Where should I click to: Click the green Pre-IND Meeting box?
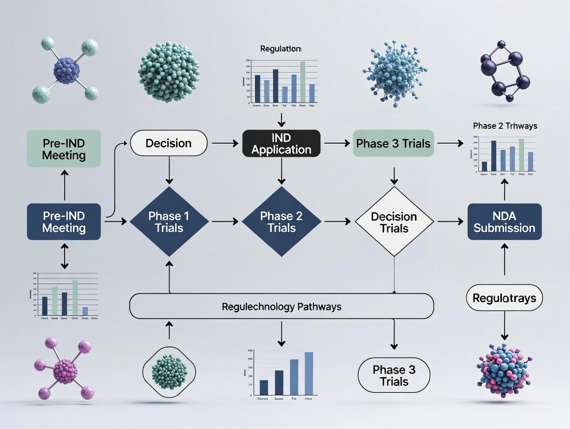point(64,148)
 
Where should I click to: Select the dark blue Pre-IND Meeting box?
point(64,221)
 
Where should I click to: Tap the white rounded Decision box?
point(168,143)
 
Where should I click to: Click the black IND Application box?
point(281,143)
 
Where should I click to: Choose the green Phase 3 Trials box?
point(393,143)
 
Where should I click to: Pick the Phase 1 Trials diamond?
point(169,221)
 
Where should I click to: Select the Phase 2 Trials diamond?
point(281,221)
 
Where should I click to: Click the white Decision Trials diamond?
point(394,222)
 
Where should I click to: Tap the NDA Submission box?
point(504,221)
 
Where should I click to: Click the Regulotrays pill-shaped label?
point(504,298)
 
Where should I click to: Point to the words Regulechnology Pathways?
point(281,307)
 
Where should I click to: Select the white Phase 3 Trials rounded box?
point(394,375)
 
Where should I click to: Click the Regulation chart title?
point(281,49)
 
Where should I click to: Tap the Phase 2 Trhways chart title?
point(504,126)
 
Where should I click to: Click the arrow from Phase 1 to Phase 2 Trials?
point(225,222)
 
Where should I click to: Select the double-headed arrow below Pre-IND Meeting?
point(64,256)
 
